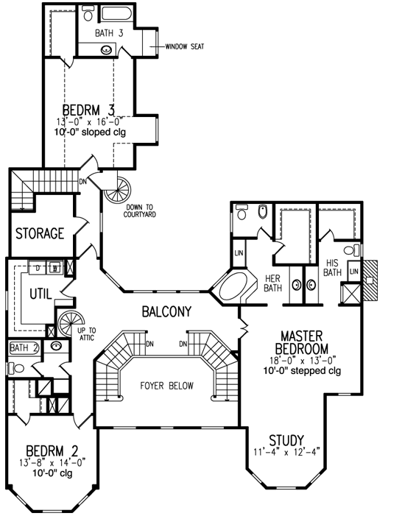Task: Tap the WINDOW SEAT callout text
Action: click(x=184, y=46)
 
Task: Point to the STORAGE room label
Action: click(x=40, y=233)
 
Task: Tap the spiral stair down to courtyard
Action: click(x=116, y=193)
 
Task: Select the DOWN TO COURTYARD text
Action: click(x=146, y=211)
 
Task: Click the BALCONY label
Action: click(x=166, y=311)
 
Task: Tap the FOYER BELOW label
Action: click(x=166, y=385)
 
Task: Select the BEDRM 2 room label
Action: click(x=48, y=450)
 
